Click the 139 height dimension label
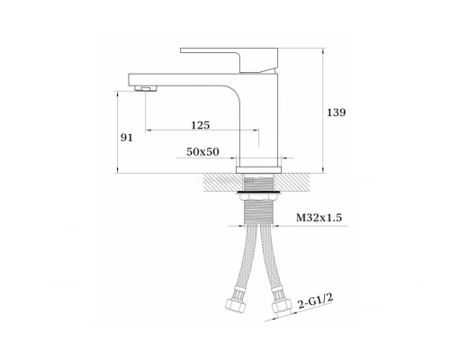tap(337, 112)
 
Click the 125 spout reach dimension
tap(201, 125)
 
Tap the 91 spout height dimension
tap(126, 138)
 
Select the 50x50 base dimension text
tap(202, 152)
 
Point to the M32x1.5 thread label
tap(319, 218)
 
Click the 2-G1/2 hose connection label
tap(316, 301)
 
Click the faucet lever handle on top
tap(229, 60)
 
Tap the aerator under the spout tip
tap(146, 88)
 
